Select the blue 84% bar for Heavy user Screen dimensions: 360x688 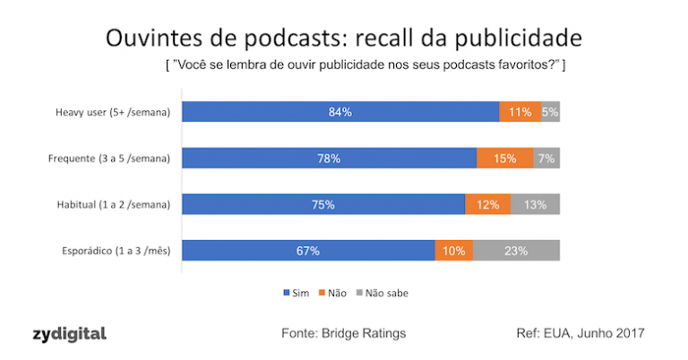click(x=340, y=112)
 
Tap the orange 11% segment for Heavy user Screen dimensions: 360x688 click(x=520, y=112)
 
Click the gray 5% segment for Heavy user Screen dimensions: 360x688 click(x=550, y=112)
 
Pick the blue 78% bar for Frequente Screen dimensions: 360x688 click(x=329, y=159)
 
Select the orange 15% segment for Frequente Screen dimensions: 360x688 click(x=504, y=159)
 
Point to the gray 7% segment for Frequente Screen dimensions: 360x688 click(x=546, y=159)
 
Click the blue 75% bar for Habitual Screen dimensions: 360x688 click(x=323, y=204)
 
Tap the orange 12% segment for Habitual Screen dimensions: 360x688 click(x=488, y=204)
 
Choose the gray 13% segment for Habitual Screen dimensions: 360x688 click(x=535, y=204)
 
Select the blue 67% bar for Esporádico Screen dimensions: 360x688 click(x=308, y=251)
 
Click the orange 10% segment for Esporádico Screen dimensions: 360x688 click(x=453, y=251)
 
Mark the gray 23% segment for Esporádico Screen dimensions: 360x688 click(x=516, y=251)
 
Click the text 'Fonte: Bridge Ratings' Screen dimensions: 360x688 click(x=344, y=333)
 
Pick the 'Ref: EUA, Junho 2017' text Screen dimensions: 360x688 click(x=580, y=333)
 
